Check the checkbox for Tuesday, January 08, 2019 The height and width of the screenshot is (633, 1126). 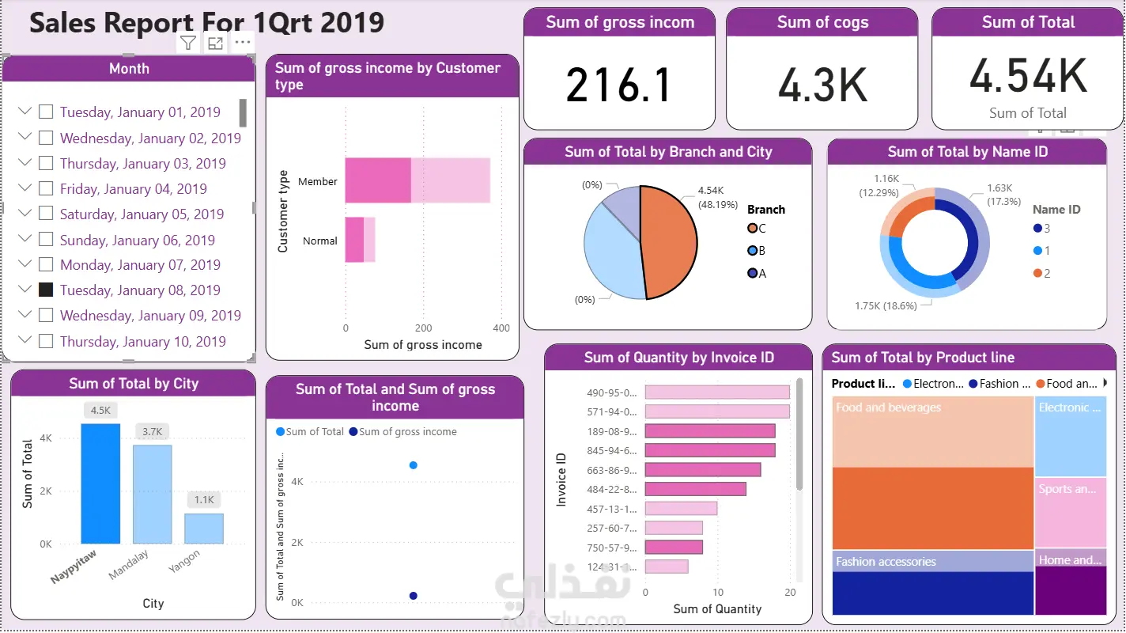tap(46, 290)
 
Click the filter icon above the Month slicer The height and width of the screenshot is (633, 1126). tap(188, 44)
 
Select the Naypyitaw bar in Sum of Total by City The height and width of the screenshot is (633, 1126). tap(100, 483)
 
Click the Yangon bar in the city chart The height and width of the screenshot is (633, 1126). tap(204, 529)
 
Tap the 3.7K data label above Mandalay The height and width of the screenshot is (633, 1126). tap(152, 431)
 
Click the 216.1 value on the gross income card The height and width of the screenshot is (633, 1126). tap(618, 85)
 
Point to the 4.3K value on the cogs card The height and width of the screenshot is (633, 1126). tap(822, 85)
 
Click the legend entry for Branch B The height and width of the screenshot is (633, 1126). tap(757, 251)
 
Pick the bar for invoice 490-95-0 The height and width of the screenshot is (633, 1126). tap(717, 392)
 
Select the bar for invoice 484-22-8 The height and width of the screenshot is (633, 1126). tap(695, 489)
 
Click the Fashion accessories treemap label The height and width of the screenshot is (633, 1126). tap(886, 562)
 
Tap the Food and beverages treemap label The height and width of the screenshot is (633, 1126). tap(888, 407)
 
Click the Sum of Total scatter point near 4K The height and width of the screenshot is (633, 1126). tap(413, 465)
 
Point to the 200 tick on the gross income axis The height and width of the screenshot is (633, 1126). tap(423, 328)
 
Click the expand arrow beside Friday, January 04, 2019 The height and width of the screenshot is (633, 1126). tap(25, 188)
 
